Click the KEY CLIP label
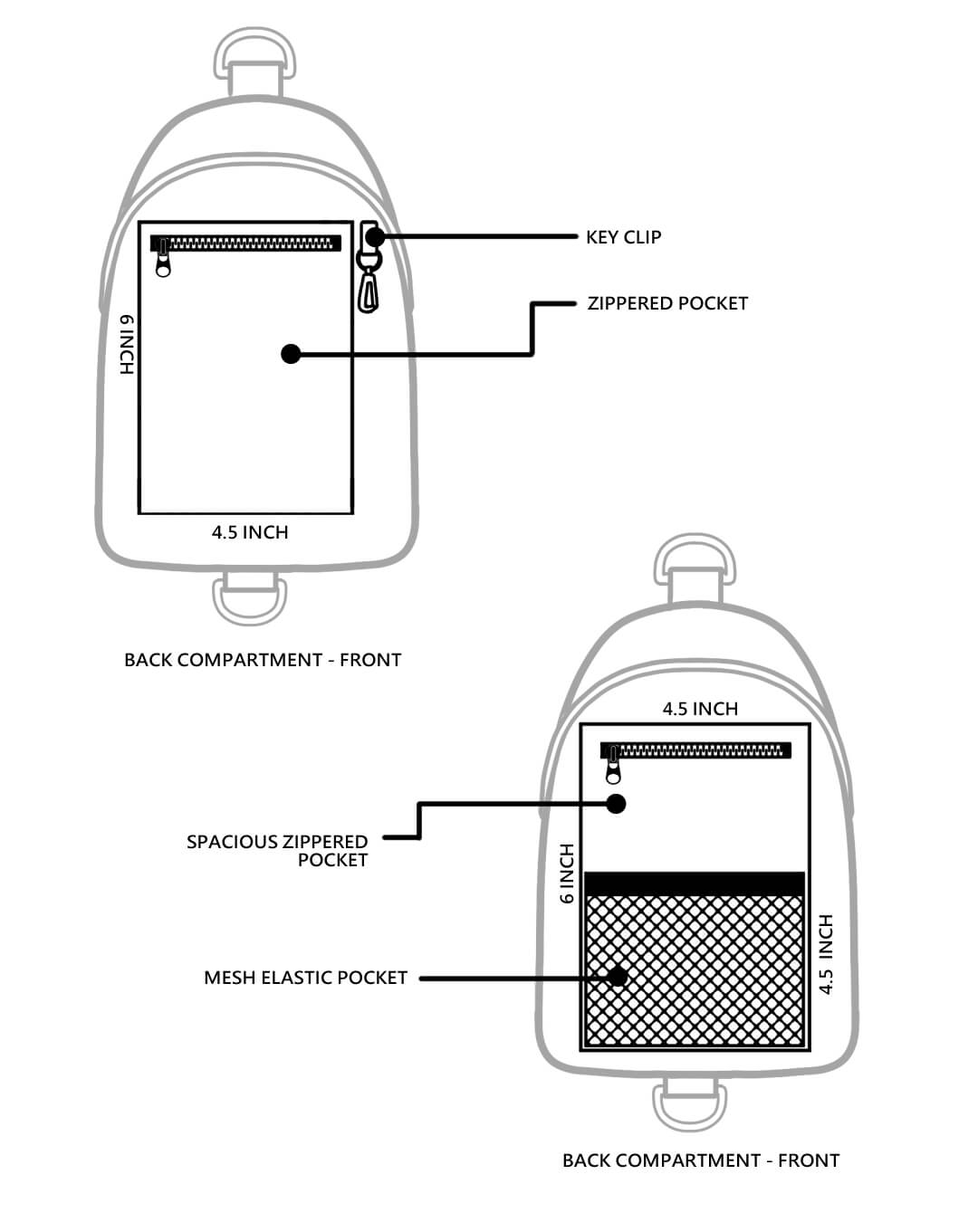(623, 237)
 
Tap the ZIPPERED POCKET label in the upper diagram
(667, 303)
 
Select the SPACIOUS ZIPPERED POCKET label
(277, 851)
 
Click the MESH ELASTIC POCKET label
(305, 978)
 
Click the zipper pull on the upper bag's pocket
(163, 263)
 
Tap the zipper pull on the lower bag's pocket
(613, 769)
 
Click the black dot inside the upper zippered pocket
(291, 354)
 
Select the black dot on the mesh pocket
(618, 977)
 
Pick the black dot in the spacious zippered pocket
(617, 803)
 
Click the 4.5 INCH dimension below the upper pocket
(250, 532)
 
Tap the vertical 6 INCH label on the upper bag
(127, 345)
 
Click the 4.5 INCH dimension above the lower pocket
(700, 709)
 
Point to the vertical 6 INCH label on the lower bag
(568, 874)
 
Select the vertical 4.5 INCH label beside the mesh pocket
(825, 954)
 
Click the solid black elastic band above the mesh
(695, 883)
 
